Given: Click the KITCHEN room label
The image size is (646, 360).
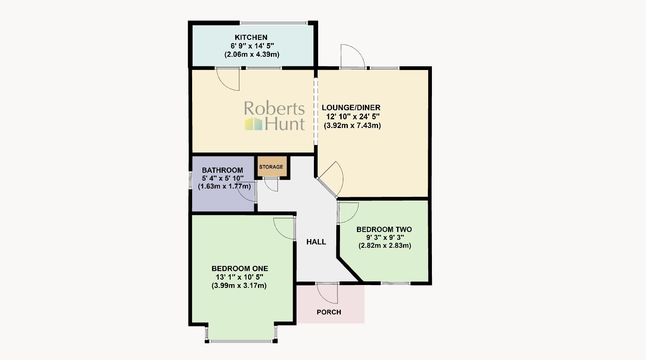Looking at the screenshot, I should click(251, 37).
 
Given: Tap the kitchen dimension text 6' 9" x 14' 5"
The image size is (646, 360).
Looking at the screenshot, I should click(252, 46).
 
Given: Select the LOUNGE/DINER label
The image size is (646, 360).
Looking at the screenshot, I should click(351, 108).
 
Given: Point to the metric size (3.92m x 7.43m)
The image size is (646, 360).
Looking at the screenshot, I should click(352, 126).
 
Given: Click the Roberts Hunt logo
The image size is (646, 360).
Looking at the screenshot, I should click(275, 116).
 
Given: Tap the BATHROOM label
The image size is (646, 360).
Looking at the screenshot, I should click(222, 170).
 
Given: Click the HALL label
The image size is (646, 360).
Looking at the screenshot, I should click(316, 242).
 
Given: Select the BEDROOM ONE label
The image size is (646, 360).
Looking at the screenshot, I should click(239, 268).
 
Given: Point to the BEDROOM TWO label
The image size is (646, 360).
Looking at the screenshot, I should click(384, 230).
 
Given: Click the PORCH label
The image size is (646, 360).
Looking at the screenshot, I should click(329, 312).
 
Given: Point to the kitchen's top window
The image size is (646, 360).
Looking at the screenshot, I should click(274, 22).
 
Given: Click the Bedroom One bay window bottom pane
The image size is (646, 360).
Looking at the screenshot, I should click(241, 341).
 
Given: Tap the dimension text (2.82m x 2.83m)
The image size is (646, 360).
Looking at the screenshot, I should click(384, 246).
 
